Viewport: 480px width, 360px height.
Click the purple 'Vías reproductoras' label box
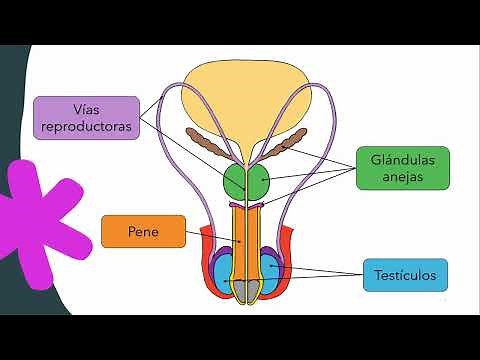[85, 116]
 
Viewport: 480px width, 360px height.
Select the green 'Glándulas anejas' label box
[403, 167]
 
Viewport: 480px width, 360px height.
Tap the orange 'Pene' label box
[143, 232]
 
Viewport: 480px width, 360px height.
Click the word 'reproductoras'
[85, 126]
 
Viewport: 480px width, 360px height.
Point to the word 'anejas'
[403, 177]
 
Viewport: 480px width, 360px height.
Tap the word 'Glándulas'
[403, 158]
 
